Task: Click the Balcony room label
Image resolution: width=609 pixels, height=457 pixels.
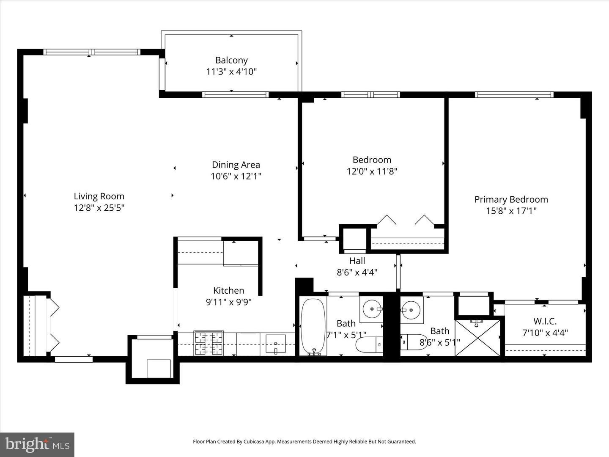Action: [231, 60]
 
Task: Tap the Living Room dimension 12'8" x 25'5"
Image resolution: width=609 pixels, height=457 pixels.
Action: [99, 208]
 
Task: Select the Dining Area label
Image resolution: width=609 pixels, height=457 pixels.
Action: [236, 165]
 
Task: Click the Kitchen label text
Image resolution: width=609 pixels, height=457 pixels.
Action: [228, 290]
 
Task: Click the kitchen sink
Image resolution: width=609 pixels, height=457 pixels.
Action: [275, 344]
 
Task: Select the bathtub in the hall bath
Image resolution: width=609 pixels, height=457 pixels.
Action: [313, 327]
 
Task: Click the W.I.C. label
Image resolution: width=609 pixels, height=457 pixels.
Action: [545, 321]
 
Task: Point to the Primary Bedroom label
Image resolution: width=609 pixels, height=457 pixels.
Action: [511, 199]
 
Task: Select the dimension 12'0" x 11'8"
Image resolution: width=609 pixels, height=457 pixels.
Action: [372, 171]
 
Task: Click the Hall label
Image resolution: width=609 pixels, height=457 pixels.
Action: [357, 261]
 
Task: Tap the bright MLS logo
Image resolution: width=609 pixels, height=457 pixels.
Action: [37, 444]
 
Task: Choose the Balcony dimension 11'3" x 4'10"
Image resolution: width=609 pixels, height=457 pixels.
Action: [231, 72]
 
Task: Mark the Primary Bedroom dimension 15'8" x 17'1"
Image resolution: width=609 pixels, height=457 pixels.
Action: [511, 211]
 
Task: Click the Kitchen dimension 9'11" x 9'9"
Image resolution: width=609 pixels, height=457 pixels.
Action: [228, 302]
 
